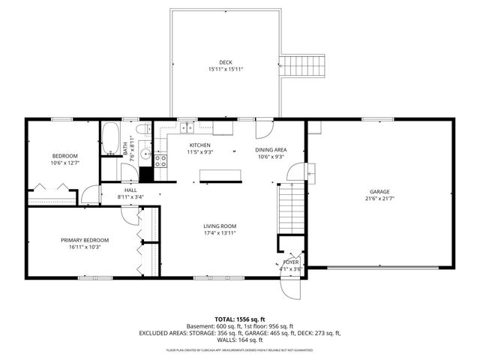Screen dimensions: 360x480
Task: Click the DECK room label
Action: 226,62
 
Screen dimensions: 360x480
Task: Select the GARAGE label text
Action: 379,191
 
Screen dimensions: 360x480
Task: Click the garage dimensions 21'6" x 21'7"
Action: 379,198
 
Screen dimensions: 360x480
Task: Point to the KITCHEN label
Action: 199,145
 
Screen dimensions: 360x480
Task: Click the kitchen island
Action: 220,175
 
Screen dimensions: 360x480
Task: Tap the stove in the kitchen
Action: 160,160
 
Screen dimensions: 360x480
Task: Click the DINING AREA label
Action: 270,149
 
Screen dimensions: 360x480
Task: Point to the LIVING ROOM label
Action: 220,226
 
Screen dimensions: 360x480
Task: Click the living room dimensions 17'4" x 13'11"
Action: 220,233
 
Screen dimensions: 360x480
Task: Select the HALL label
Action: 130,190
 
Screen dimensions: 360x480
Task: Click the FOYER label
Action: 291,262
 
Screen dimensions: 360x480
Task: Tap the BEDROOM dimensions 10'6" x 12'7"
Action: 64,163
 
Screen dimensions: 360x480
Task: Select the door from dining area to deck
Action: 265,128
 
